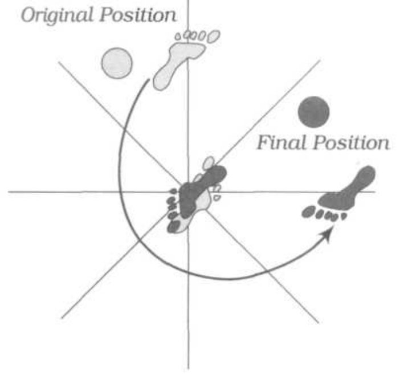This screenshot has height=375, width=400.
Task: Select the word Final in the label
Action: (281, 142)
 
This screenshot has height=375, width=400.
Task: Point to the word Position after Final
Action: (352, 143)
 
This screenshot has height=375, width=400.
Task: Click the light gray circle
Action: (117, 63)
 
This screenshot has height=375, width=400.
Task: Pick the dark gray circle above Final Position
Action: (313, 112)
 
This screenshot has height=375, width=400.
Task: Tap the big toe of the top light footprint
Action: (214, 36)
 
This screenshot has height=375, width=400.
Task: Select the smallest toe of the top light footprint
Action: (178, 36)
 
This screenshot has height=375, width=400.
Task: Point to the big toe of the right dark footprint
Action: (308, 212)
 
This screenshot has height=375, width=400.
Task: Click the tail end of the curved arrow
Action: (149, 80)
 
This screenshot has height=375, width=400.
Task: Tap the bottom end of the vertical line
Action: (189, 368)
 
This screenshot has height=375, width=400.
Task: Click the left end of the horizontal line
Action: (9, 191)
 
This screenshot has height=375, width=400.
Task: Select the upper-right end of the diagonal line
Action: (320, 61)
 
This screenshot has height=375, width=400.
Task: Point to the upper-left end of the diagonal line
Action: (59, 62)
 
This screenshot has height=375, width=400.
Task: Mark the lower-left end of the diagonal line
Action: (62, 318)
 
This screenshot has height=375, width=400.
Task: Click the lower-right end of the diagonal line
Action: (319, 323)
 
